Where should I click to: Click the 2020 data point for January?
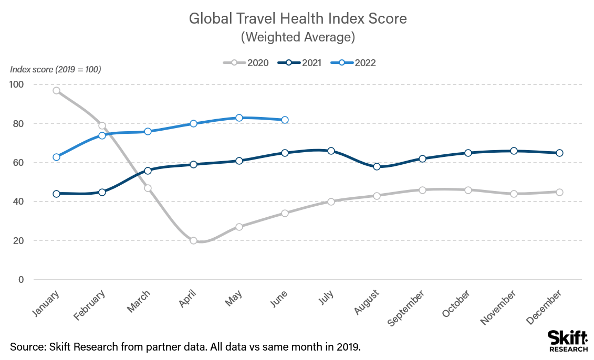click(56, 90)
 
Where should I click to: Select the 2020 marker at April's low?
click(193, 240)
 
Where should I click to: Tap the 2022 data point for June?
click(285, 120)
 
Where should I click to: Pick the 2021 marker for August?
click(377, 166)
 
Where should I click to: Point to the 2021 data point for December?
click(559, 153)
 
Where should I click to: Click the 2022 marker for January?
click(56, 157)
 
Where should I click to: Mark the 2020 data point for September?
click(422, 189)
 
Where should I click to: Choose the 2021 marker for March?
click(148, 171)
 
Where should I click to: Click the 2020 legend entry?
click(246, 63)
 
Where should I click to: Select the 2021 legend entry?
click(299, 63)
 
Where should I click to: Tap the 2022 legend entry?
click(353, 63)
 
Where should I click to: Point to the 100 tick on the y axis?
click(17, 84)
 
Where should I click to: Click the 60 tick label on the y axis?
click(19, 163)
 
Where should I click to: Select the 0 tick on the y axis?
click(22, 280)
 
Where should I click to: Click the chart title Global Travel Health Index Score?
click(298, 19)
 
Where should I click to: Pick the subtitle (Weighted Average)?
click(298, 37)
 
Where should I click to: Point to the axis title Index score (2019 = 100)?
click(56, 69)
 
